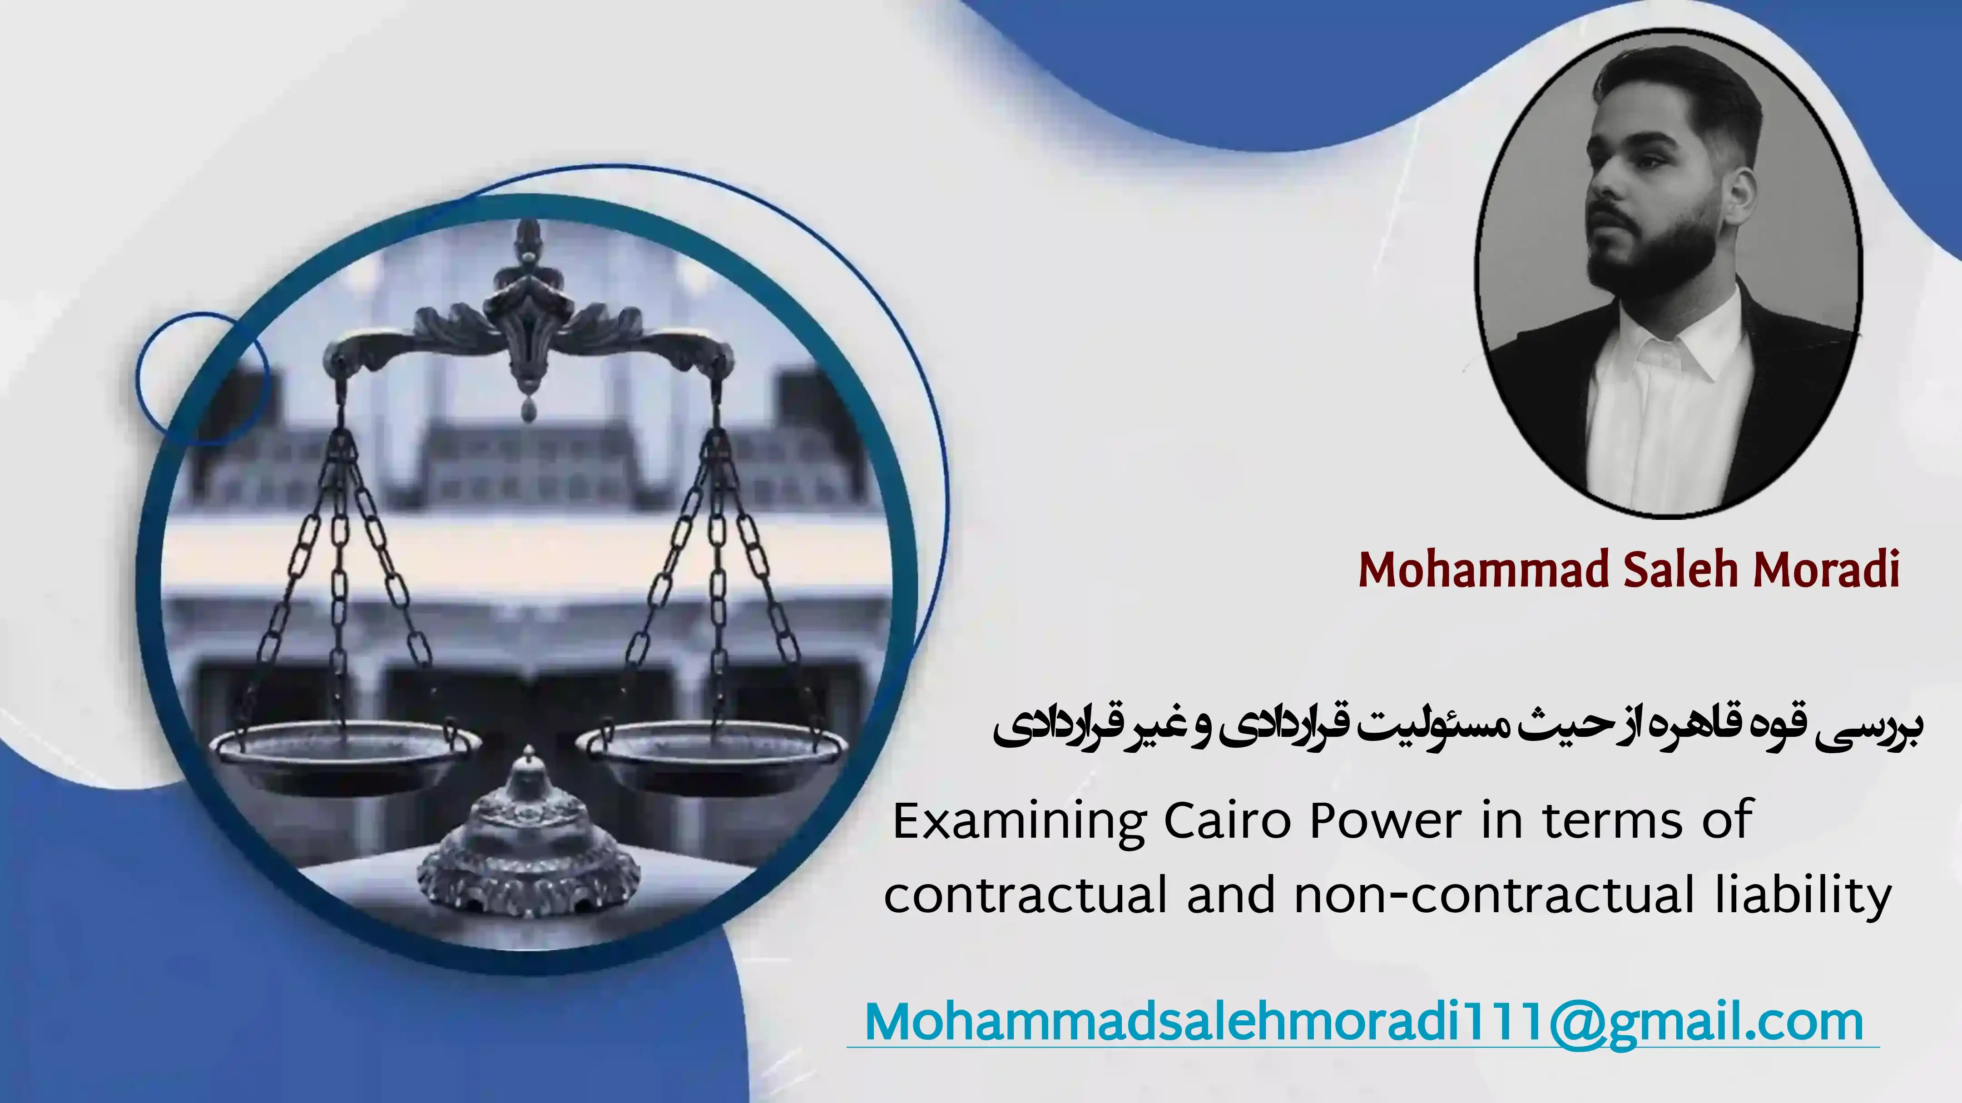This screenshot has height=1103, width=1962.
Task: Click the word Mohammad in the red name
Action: point(1485,570)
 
